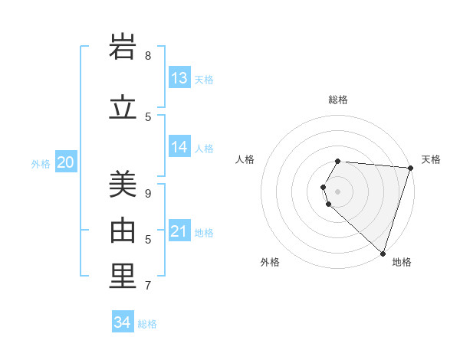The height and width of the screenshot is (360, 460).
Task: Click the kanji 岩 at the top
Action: (123, 47)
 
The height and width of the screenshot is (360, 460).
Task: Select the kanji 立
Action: (123, 108)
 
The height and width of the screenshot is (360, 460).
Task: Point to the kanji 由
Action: (123, 231)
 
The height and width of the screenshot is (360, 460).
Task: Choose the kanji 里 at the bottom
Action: (123, 277)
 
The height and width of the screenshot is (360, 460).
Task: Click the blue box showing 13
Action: (179, 78)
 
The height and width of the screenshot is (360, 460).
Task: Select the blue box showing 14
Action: (179, 147)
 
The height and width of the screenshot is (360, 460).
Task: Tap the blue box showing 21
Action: (179, 231)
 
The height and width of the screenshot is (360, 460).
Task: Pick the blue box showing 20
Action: (65, 162)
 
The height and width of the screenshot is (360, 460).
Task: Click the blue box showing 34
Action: (123, 322)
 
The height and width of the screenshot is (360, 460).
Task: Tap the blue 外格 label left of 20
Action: (41, 163)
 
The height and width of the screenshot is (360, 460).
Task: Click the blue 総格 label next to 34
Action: (147, 324)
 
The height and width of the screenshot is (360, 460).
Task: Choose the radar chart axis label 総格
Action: (338, 100)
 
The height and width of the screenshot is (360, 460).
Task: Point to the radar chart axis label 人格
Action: (245, 159)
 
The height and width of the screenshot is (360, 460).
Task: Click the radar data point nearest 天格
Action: (410, 168)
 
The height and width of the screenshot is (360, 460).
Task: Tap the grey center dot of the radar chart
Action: (337, 191)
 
